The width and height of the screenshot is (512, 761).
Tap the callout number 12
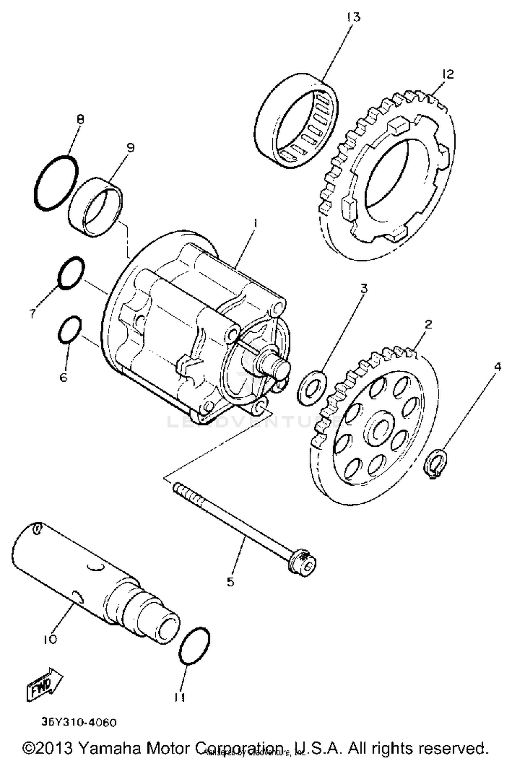pos(447,74)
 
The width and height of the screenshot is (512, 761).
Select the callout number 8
pos(81,120)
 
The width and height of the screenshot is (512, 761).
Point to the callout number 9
pos(130,148)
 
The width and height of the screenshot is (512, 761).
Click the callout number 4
pos(497,367)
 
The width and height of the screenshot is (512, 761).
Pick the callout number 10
pos(50,639)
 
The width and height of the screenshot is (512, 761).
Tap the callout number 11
pos(180,698)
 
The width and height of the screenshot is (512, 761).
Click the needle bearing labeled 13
pos(297,121)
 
